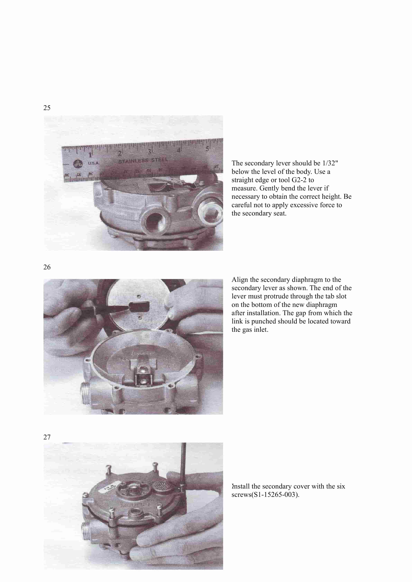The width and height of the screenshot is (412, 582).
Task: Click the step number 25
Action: tap(47, 108)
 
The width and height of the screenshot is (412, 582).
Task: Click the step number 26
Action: tap(47, 267)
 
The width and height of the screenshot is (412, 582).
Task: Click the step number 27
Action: tap(47, 437)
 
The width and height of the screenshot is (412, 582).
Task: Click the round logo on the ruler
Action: tap(78, 164)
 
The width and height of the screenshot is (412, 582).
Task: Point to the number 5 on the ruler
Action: tap(207, 149)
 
